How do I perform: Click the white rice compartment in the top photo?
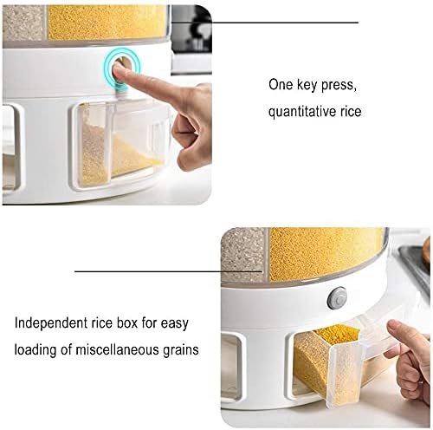23,22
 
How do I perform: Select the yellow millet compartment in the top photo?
104,21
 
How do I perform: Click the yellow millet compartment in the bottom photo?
326,253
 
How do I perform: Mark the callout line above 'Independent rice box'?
165,271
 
